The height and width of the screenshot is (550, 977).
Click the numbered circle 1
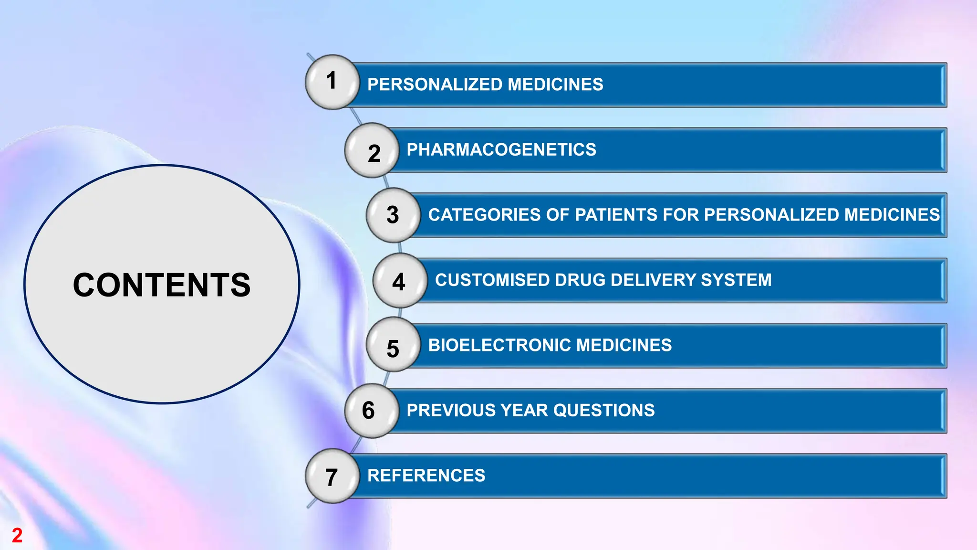332,82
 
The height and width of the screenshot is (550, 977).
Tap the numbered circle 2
372,151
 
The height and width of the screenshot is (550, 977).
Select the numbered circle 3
393,215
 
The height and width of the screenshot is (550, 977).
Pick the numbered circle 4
400,281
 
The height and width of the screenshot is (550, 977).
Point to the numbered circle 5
393,346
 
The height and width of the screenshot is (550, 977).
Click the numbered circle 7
332,476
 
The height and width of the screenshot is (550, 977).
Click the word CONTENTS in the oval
162,285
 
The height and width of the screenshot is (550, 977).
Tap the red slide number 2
17,535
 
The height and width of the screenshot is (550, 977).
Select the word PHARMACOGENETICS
501,150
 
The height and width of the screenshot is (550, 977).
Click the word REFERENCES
426,476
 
